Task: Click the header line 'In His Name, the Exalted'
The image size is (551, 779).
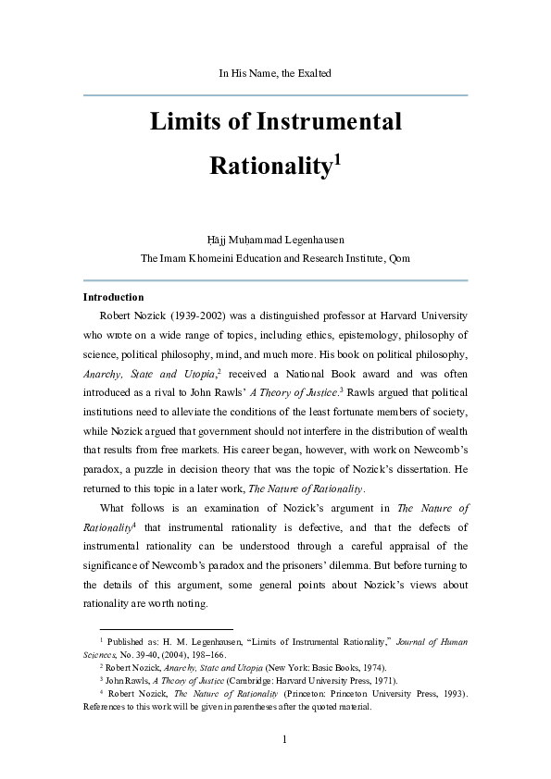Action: [275, 72]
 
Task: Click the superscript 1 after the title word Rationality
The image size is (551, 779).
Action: [338, 159]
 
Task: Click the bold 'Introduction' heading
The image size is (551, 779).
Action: [113, 297]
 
